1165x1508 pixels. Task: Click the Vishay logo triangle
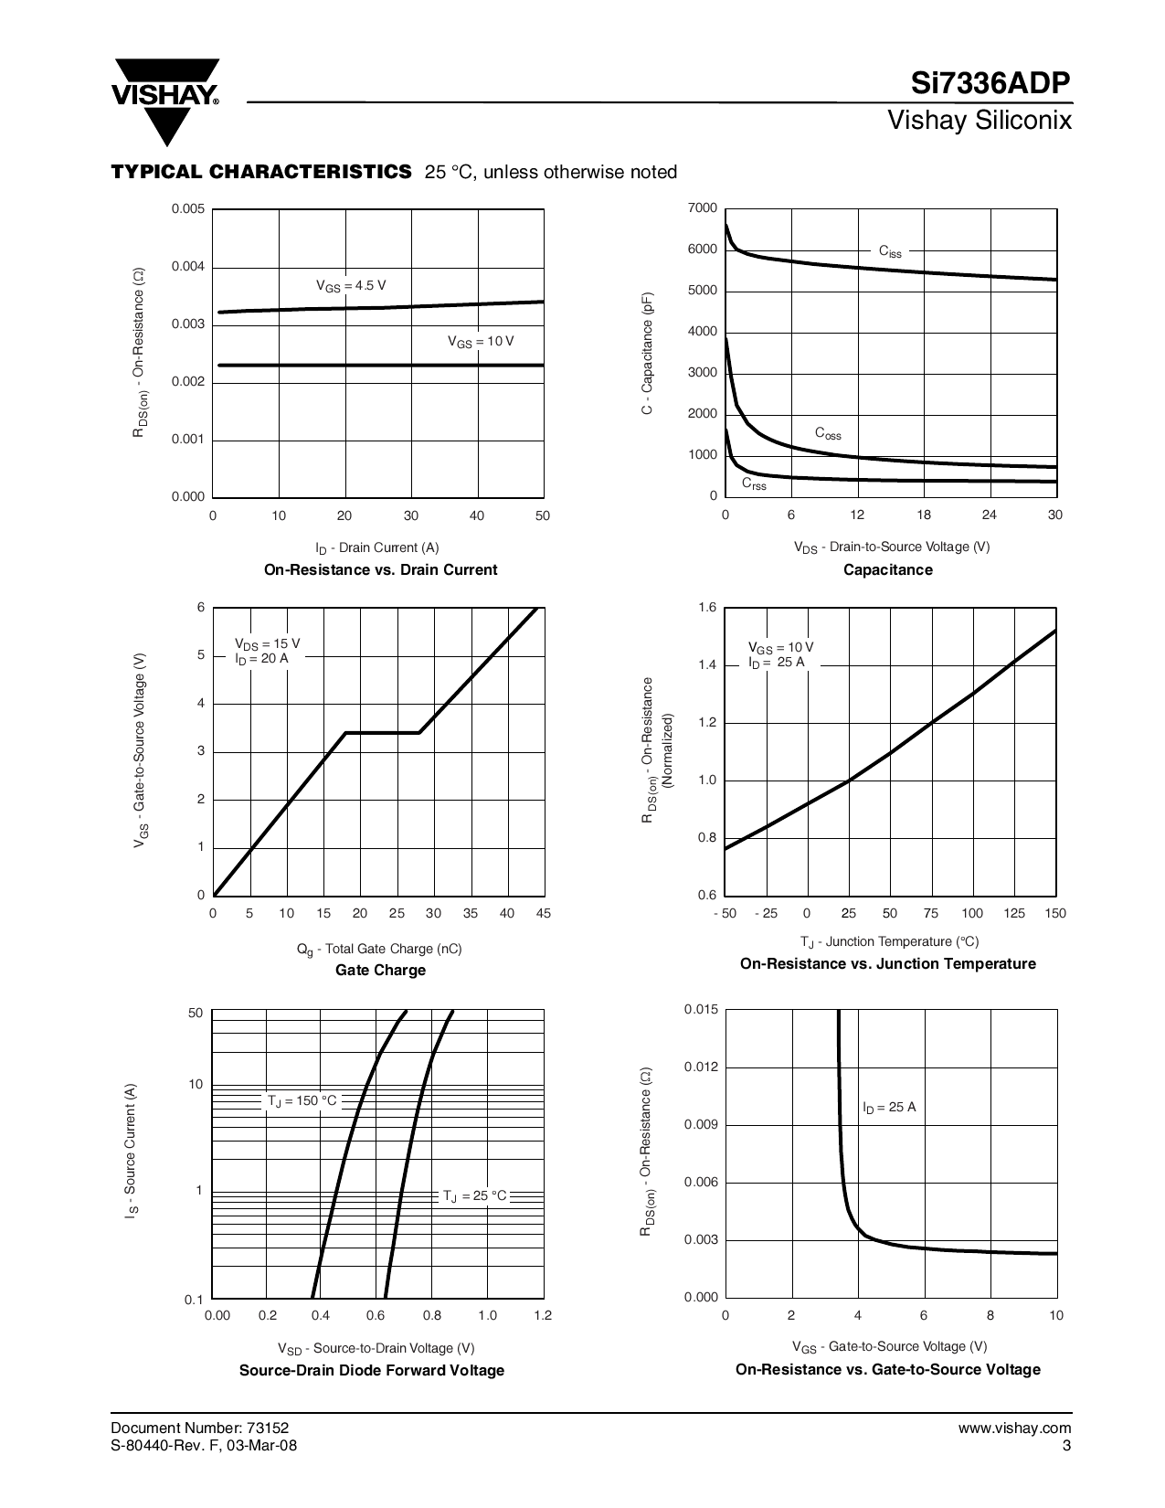click(165, 101)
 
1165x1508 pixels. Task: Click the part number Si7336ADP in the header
click(990, 84)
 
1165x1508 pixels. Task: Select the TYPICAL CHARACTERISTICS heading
click(261, 172)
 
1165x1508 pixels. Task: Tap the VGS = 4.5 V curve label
click(351, 286)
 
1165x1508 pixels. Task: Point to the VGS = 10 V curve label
click(481, 341)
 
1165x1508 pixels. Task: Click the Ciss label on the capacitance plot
click(890, 250)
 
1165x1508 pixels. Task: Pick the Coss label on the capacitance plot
click(828, 433)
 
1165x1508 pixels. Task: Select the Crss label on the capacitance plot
click(754, 483)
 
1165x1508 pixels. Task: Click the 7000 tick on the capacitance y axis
click(703, 208)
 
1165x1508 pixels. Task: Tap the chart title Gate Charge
click(380, 970)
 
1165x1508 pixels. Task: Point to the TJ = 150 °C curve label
click(302, 1100)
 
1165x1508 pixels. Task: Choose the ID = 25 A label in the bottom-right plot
click(889, 1107)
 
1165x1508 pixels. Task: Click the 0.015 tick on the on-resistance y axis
click(702, 1009)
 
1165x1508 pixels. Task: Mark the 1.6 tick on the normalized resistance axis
click(708, 608)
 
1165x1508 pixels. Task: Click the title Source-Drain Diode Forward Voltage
click(372, 1370)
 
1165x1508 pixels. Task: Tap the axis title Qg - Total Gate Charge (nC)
click(379, 949)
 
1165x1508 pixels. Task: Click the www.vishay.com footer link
click(1022, 1428)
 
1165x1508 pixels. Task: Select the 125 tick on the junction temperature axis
click(1014, 913)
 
